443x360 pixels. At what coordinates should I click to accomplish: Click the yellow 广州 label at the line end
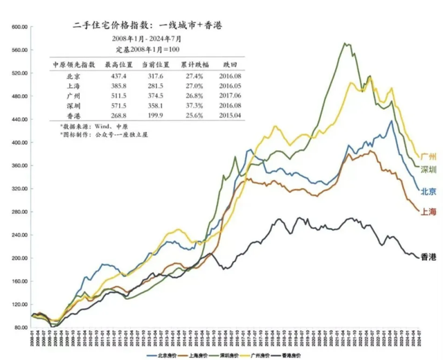428,156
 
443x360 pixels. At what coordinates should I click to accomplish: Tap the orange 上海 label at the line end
428,211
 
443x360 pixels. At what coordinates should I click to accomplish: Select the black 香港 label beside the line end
428,257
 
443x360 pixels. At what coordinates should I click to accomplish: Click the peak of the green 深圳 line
345,44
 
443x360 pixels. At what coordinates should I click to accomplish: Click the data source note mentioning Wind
85,127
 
